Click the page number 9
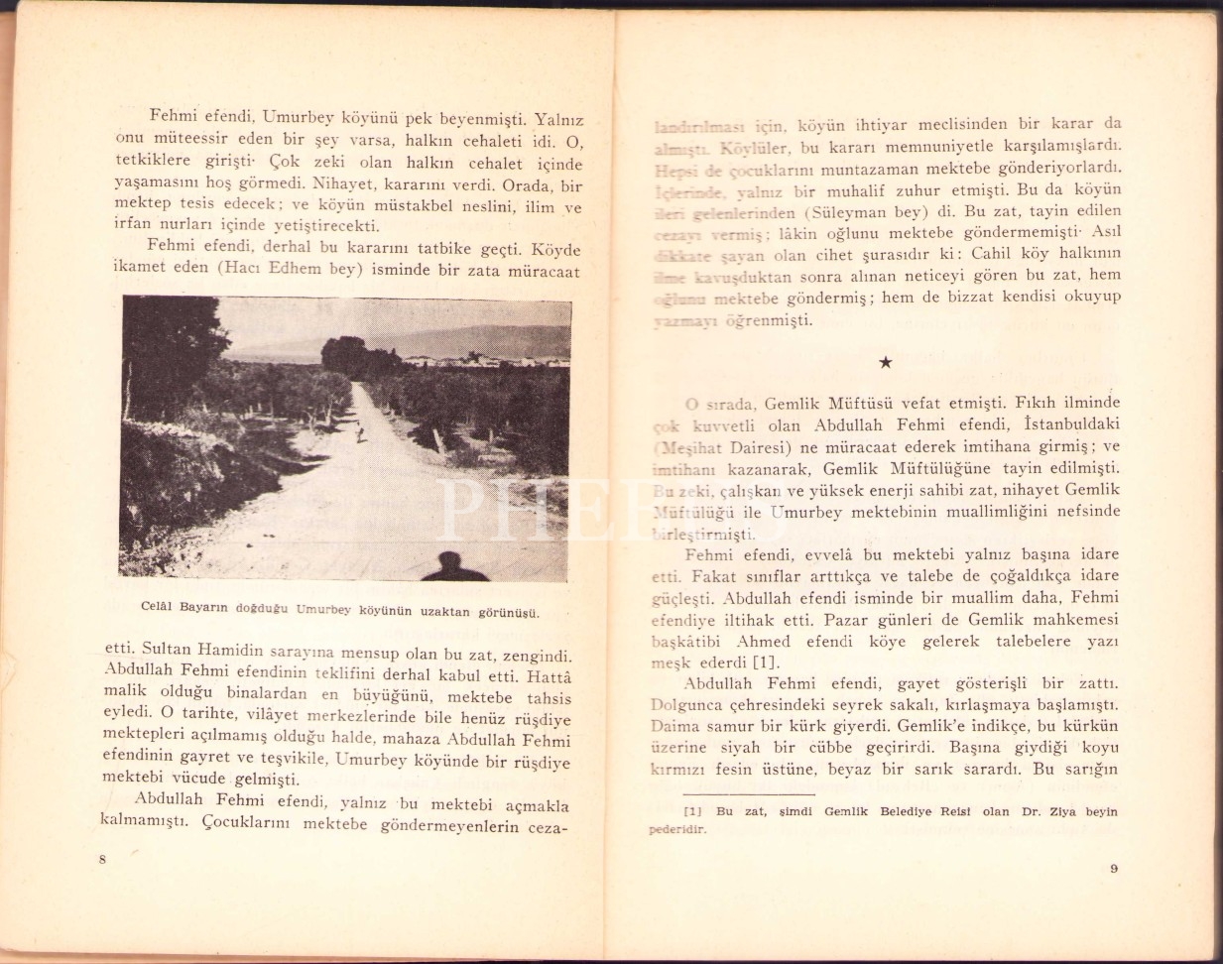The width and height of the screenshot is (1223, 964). tap(1114, 870)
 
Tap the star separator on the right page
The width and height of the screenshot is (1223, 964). tap(886, 363)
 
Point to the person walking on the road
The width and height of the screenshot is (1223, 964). tap(360, 432)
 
